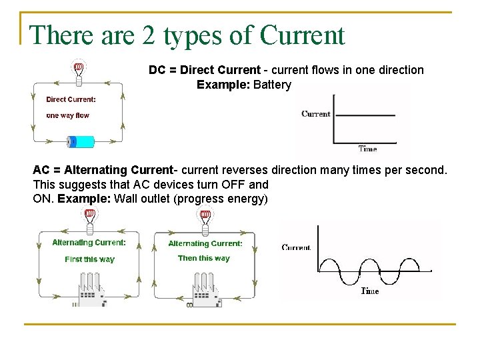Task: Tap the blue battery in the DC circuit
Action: coord(81,141)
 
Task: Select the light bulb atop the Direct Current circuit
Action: coord(78,71)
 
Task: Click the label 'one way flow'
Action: coord(67,115)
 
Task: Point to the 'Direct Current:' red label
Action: coord(71,99)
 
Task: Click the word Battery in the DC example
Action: coord(272,85)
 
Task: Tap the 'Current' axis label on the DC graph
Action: coord(316,114)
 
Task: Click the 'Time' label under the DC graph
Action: coord(367,149)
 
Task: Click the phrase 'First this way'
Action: coord(89,259)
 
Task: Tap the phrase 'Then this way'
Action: coord(203,258)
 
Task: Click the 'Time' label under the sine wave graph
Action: coord(370,291)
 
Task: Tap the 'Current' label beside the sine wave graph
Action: coord(297,247)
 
